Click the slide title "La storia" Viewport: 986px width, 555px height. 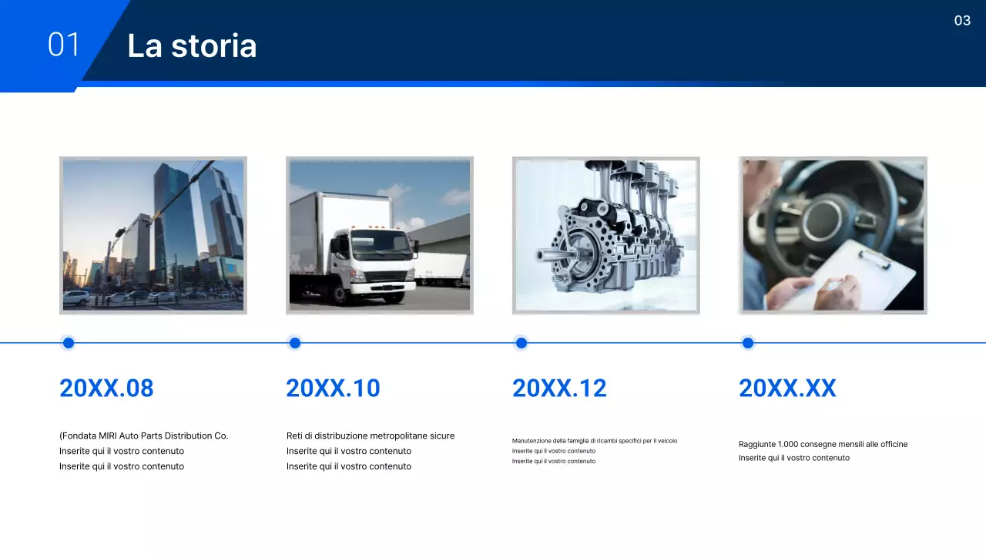coord(192,46)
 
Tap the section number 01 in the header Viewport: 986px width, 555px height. coord(63,45)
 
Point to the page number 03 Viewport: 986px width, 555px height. coord(962,21)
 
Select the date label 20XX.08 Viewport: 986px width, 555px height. coord(106,388)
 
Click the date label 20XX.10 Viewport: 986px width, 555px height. coord(333,388)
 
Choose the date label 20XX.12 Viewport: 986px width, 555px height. coord(559,388)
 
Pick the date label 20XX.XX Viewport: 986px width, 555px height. coord(787,388)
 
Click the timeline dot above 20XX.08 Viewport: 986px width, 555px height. coord(69,343)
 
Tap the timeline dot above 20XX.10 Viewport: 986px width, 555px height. coord(295,343)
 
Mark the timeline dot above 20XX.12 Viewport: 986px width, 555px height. coord(522,343)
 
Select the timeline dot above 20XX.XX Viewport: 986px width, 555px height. coord(748,343)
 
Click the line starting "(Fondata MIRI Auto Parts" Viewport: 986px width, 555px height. coord(144,436)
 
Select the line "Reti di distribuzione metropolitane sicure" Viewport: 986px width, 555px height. coord(371,436)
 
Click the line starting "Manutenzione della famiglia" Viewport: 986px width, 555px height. coord(595,441)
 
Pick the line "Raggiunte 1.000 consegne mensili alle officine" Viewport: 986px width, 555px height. coord(823,444)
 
